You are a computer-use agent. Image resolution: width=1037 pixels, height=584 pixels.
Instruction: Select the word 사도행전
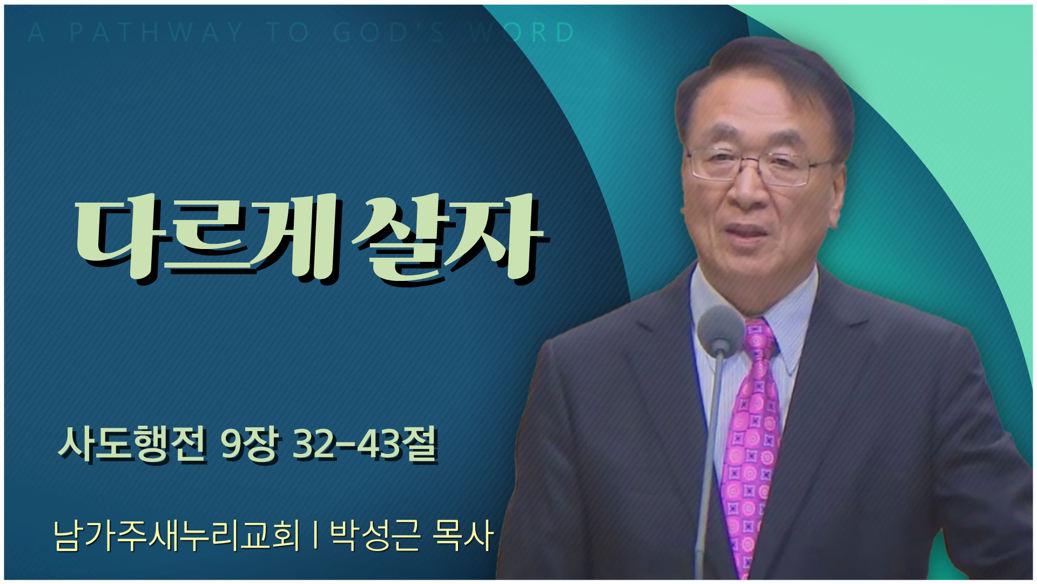pyautogui.click(x=132, y=444)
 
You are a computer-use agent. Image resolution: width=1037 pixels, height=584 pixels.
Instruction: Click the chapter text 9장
pyautogui.click(x=250, y=444)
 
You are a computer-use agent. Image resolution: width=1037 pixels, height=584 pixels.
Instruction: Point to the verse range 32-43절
pyautogui.click(x=365, y=444)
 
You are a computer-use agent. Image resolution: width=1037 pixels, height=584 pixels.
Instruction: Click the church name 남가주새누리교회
pyautogui.click(x=177, y=535)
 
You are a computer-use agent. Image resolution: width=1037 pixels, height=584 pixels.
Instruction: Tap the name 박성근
pyautogui.click(x=375, y=535)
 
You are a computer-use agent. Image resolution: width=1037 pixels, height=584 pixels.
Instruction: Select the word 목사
pyautogui.click(x=463, y=535)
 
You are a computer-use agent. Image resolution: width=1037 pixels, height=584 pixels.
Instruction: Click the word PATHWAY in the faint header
pyautogui.click(x=156, y=32)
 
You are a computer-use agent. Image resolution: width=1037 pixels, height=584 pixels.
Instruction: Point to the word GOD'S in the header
pyautogui.click(x=389, y=32)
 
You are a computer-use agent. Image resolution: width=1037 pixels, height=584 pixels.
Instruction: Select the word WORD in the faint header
pyautogui.click(x=522, y=32)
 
